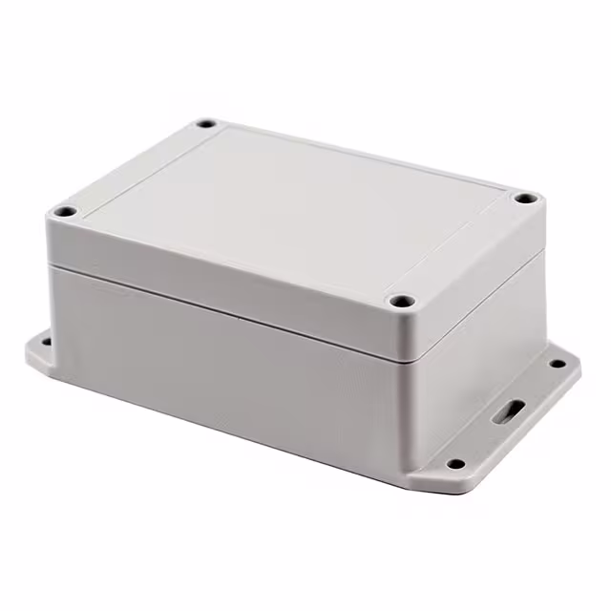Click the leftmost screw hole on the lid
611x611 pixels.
point(64,211)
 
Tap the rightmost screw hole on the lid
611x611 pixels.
point(525,199)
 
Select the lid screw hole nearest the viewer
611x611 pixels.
point(402,302)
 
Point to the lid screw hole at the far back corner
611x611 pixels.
point(206,124)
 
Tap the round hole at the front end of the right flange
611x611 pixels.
point(455,464)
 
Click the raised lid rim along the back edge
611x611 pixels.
point(363,153)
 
